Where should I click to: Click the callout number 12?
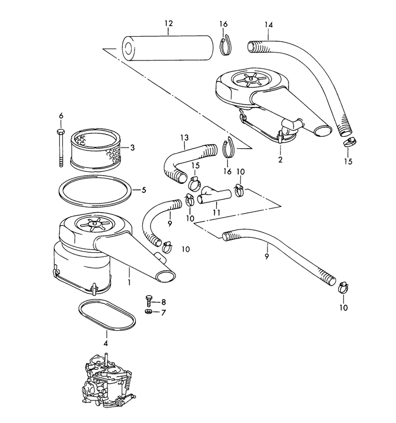[x=169, y=24]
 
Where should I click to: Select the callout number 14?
[x=269, y=25]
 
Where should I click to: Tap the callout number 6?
[x=61, y=116]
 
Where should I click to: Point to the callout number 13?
[x=184, y=137]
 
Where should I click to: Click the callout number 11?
[x=217, y=213]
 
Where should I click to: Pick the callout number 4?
[x=106, y=343]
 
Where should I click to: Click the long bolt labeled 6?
[x=61, y=147]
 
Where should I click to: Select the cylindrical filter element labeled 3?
[x=94, y=149]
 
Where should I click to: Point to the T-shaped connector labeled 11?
[x=214, y=195]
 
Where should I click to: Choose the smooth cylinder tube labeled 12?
[x=167, y=48]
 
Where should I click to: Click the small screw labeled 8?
[x=149, y=300]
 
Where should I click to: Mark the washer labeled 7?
[x=148, y=312]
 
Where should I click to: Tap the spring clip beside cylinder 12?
[x=226, y=46]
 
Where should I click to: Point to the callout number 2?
[x=280, y=159]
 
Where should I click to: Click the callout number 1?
[x=130, y=282]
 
